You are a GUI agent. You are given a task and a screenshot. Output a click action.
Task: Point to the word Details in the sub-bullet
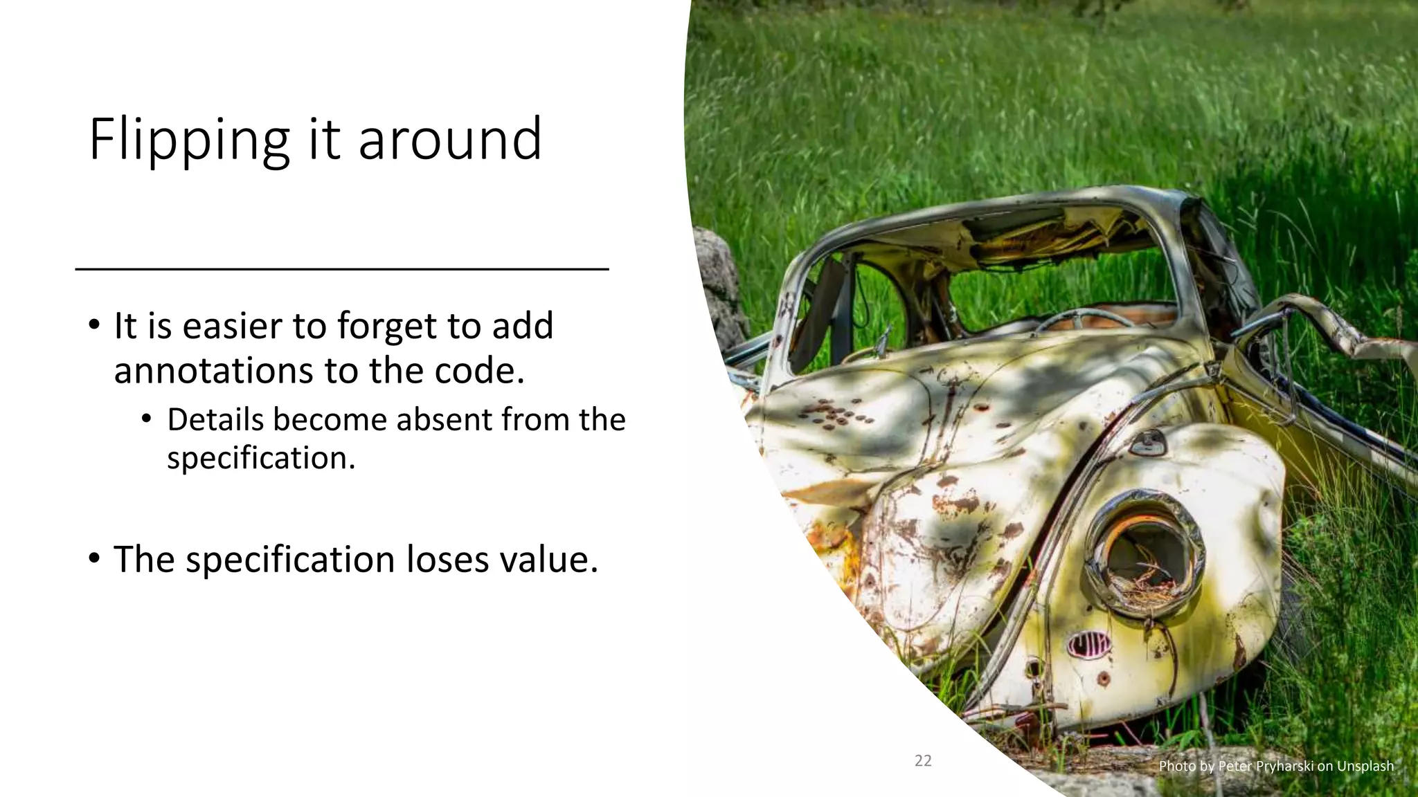(215, 419)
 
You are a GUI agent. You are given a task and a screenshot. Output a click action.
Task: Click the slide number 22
(923, 761)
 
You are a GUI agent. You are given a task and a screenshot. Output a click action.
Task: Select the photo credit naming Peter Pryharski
(1275, 766)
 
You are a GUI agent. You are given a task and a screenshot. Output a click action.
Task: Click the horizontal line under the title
(341, 268)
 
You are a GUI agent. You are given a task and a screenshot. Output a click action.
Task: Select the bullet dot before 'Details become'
(146, 419)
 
